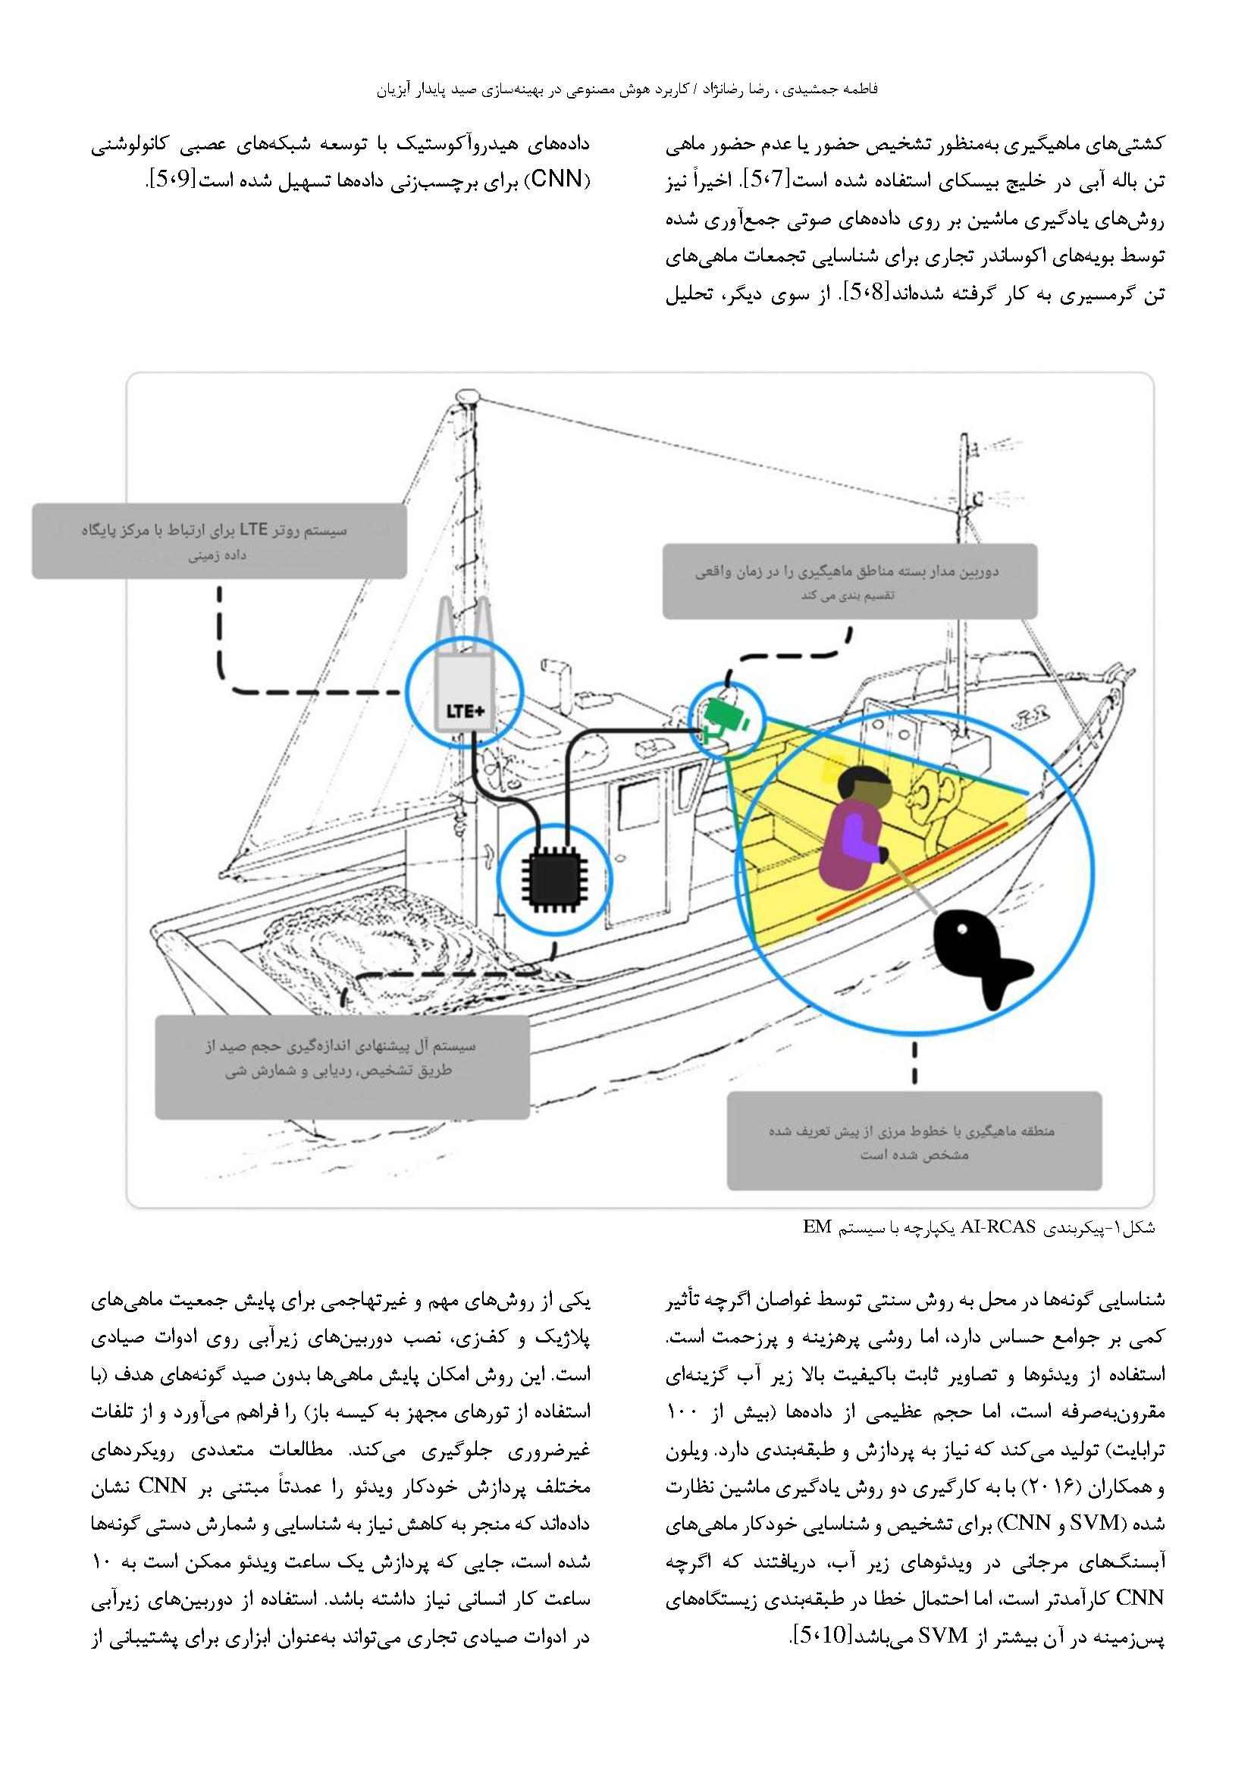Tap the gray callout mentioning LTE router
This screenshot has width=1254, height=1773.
pos(219,541)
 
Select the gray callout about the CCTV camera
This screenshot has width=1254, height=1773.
pos(849,581)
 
